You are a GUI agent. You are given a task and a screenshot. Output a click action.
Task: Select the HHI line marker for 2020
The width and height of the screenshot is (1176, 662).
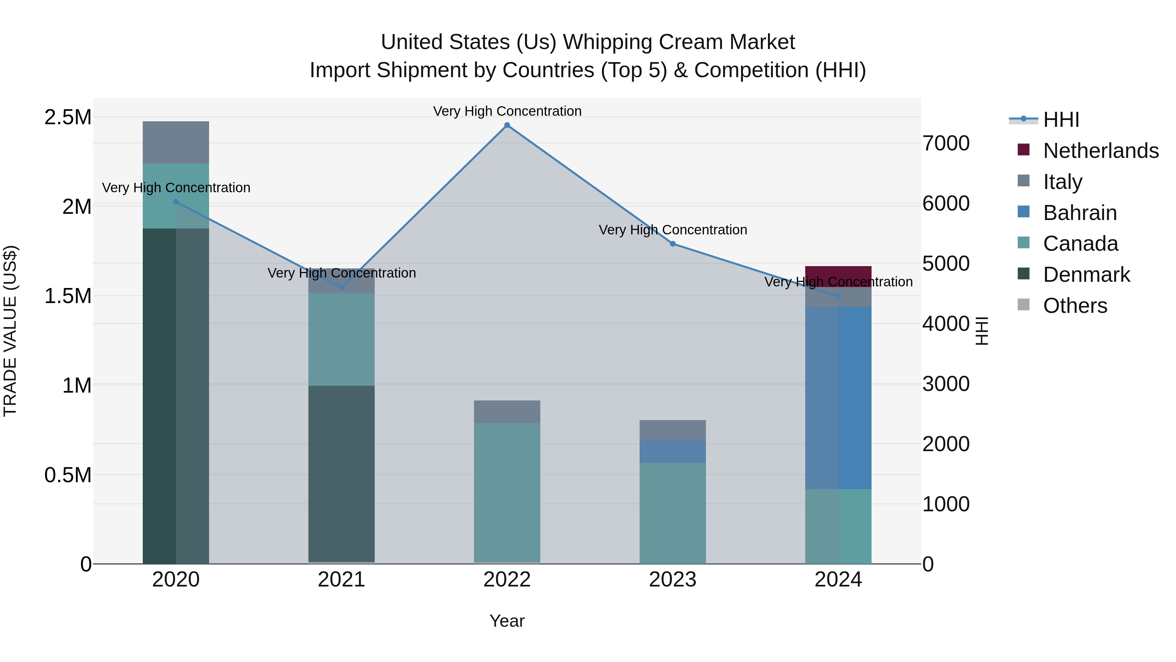[x=176, y=202]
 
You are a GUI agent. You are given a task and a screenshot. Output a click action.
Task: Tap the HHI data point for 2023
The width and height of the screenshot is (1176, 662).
[x=673, y=244]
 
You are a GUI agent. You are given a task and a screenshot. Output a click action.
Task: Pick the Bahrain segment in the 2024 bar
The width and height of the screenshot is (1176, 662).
[x=838, y=398]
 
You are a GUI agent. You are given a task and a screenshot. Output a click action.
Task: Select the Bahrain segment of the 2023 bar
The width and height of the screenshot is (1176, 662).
[x=673, y=451]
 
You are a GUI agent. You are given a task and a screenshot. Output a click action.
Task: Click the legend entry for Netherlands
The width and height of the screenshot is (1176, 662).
[x=1101, y=151]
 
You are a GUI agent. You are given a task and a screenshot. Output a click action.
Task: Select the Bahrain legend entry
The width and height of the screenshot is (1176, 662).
[x=1080, y=213]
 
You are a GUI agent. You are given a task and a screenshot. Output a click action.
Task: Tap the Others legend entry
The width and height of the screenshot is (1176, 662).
[x=1075, y=306]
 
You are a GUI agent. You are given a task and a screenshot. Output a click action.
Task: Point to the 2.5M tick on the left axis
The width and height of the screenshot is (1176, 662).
[x=68, y=117]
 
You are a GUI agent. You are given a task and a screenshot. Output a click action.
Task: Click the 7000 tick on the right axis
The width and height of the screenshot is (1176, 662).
[x=945, y=144]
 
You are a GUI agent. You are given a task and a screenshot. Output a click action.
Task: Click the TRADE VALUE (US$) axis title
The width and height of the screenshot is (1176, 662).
[x=10, y=331]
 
